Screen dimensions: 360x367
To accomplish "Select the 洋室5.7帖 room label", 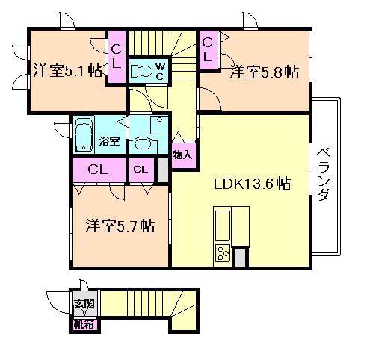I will pyautogui.click(x=120, y=225).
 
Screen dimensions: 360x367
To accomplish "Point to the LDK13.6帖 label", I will pyautogui.click(x=253, y=184).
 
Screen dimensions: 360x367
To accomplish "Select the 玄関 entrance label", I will pyautogui.click(x=83, y=304).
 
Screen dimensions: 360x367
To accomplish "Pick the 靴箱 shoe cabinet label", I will pyautogui.click(x=83, y=324).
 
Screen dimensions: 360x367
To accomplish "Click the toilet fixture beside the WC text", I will pyautogui.click(x=141, y=72).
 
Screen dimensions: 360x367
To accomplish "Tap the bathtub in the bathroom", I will pyautogui.click(x=83, y=134).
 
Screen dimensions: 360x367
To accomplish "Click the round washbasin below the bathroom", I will pyautogui.click(x=143, y=145).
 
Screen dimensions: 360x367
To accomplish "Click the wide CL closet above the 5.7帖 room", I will pyautogui.click(x=99, y=170).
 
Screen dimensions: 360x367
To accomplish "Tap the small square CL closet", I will pyautogui.click(x=141, y=170).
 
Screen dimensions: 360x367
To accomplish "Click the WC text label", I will pyautogui.click(x=160, y=71).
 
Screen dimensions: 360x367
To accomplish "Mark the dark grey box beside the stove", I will pyautogui.click(x=240, y=257).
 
